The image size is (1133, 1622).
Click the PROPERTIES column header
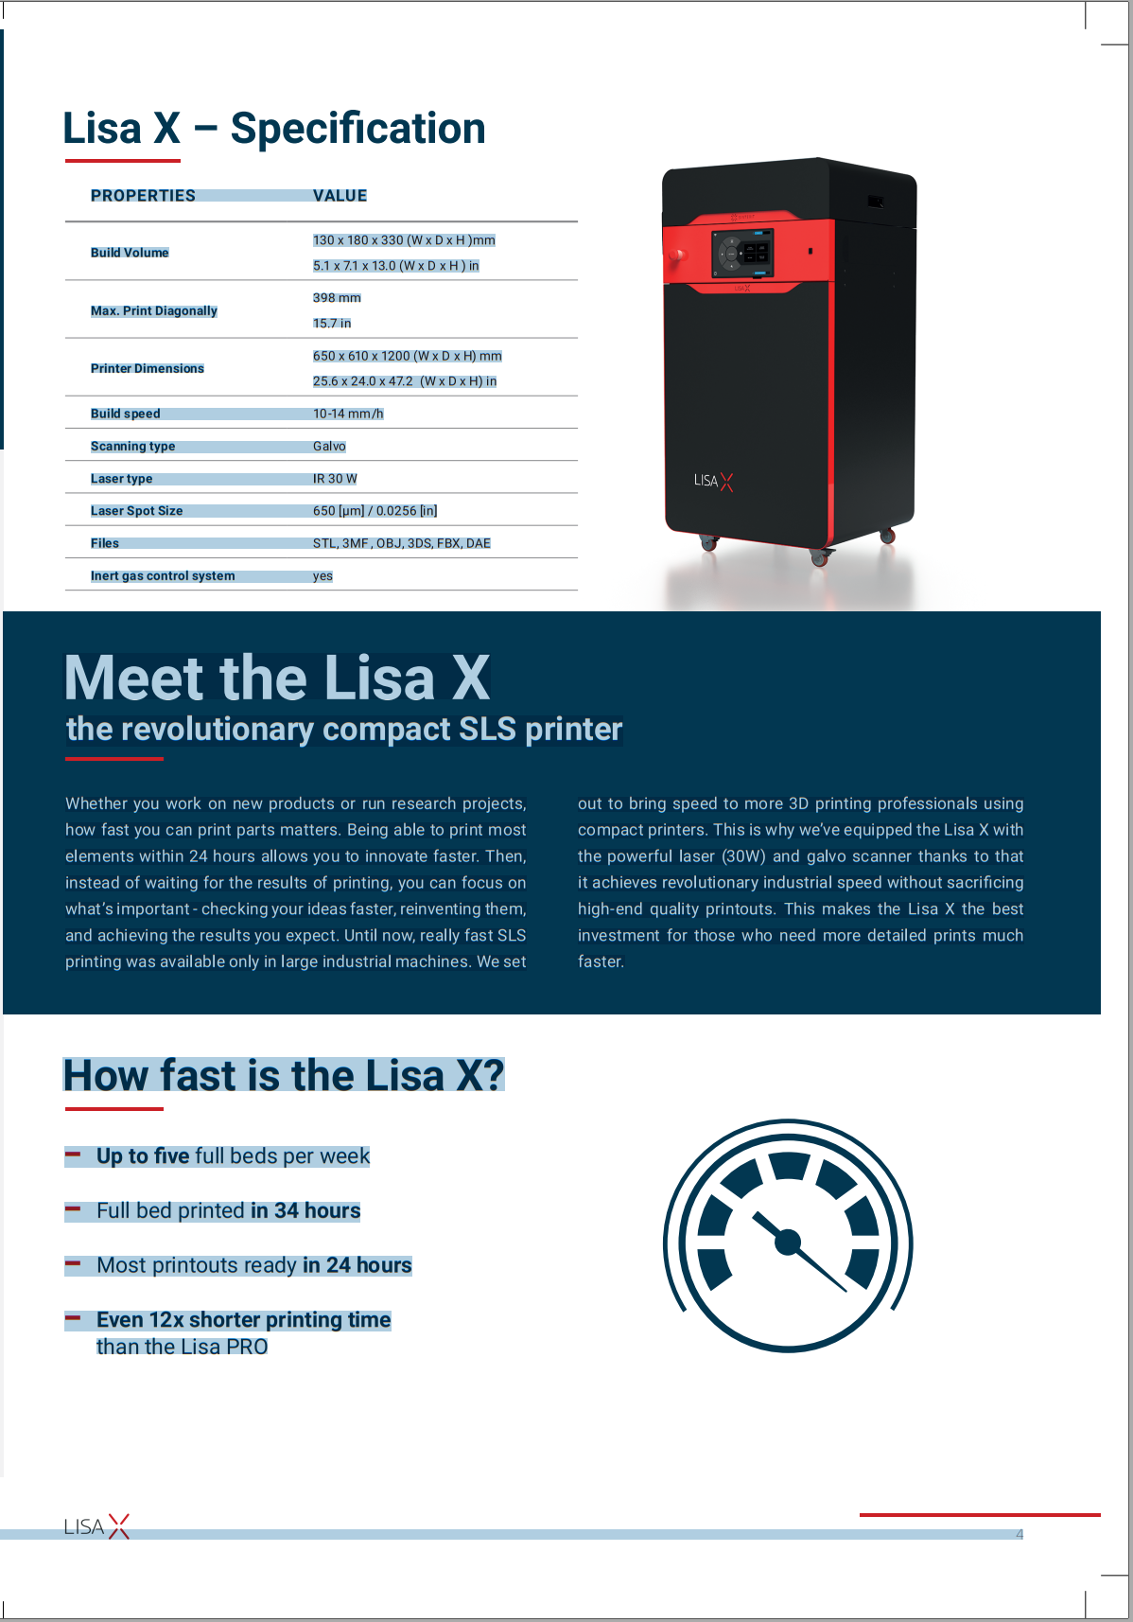pyautogui.click(x=143, y=196)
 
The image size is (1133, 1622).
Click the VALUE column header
pyautogui.click(x=340, y=196)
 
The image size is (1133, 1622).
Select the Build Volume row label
pyautogui.click(x=130, y=253)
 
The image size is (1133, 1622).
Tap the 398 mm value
pyautogui.click(x=337, y=298)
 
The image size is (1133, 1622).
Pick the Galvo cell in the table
pyautogui.click(x=329, y=447)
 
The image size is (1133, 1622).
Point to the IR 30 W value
pyautogui.click(x=335, y=479)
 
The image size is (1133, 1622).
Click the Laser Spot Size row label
pyautogui.click(x=136, y=511)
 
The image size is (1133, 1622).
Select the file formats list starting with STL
pyautogui.click(x=401, y=543)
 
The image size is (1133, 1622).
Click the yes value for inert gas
pyautogui.click(x=322, y=576)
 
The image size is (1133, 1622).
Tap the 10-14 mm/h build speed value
pyautogui.click(x=348, y=414)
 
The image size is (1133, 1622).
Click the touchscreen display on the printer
pyautogui.click(x=743, y=253)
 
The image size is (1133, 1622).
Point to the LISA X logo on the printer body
pyautogui.click(x=713, y=481)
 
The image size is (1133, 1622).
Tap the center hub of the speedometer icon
pyautogui.click(x=788, y=1243)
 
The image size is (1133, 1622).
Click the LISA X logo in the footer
pyautogui.click(x=96, y=1526)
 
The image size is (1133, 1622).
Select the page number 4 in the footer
pyautogui.click(x=1020, y=1534)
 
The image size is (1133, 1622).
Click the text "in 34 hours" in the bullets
pyautogui.click(x=305, y=1211)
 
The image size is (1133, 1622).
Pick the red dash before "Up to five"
pyautogui.click(x=73, y=1155)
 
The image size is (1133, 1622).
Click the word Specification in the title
pyautogui.click(x=357, y=129)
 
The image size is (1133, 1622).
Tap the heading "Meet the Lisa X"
pyautogui.click(x=277, y=678)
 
